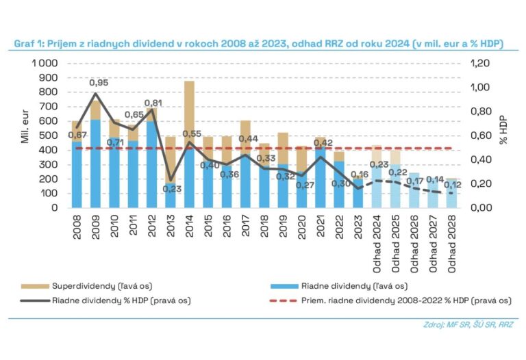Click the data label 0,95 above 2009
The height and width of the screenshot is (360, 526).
(99, 83)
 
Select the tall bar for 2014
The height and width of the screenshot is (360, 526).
(190, 144)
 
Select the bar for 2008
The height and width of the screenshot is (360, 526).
(77, 164)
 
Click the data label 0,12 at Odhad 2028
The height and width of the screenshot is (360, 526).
(453, 185)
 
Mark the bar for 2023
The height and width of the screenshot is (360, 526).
(358, 192)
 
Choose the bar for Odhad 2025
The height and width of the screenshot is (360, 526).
(395, 178)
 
